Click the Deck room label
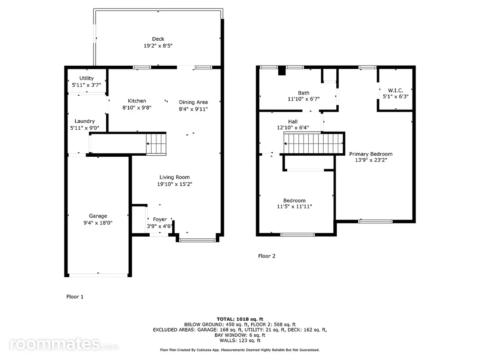point(158,39)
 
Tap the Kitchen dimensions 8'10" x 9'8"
point(137,108)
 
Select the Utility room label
point(86,78)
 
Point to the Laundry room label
point(84,121)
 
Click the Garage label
point(98,216)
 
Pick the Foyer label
point(160,219)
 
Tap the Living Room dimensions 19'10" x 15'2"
point(174,184)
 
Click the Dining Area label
point(193,102)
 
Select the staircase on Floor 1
point(156,144)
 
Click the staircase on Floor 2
point(313,143)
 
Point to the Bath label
point(303,93)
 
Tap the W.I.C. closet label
point(395,90)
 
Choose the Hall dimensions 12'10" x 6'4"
point(293,127)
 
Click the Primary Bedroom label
point(370,154)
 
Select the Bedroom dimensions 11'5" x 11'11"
point(294,206)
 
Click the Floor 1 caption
point(75,297)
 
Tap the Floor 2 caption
point(267,256)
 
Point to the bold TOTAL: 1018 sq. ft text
point(240,319)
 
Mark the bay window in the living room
point(197,240)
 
